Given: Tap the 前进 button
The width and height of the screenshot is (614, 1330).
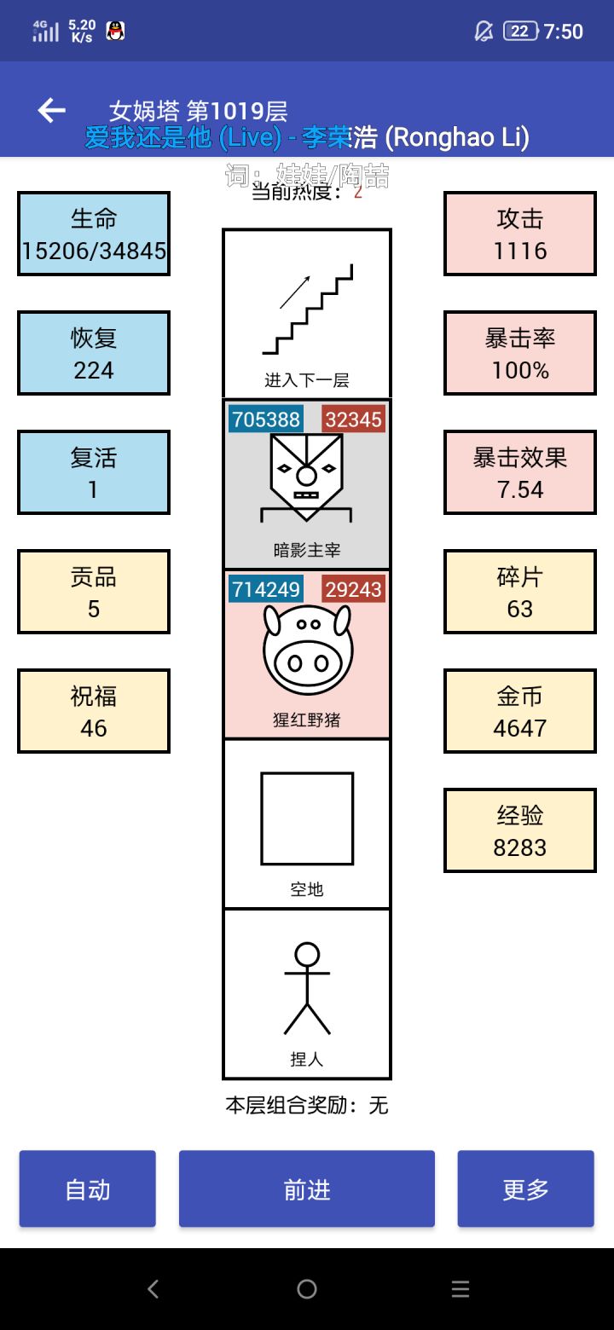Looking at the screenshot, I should tap(307, 1189).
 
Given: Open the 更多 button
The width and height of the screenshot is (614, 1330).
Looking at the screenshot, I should tap(525, 1189).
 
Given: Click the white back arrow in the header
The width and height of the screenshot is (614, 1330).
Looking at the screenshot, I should tap(52, 110).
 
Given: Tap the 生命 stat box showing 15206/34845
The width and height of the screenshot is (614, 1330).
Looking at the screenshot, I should tap(94, 234).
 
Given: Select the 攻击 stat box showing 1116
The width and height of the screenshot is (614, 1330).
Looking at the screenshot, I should tap(519, 234).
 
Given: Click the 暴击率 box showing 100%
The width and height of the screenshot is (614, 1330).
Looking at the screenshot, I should tap(519, 353).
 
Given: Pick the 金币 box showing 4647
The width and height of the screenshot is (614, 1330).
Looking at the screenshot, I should tap(519, 711).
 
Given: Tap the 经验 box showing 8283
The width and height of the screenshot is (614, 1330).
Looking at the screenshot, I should tap(519, 830).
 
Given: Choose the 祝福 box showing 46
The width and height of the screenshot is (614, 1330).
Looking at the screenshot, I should tap(94, 711).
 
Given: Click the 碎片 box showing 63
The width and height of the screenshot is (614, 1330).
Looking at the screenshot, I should tap(519, 592).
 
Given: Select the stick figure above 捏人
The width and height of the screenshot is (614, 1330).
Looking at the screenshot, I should tap(307, 989).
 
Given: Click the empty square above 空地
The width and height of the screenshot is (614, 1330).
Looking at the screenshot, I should tap(307, 818).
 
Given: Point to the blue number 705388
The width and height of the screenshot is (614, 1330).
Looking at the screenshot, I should tap(266, 419).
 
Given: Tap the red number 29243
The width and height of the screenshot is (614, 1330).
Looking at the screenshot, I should tap(353, 589).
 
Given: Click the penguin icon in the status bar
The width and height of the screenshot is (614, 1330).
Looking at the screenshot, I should tap(115, 32).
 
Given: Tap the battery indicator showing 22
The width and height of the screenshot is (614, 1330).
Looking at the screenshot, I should tap(520, 32).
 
